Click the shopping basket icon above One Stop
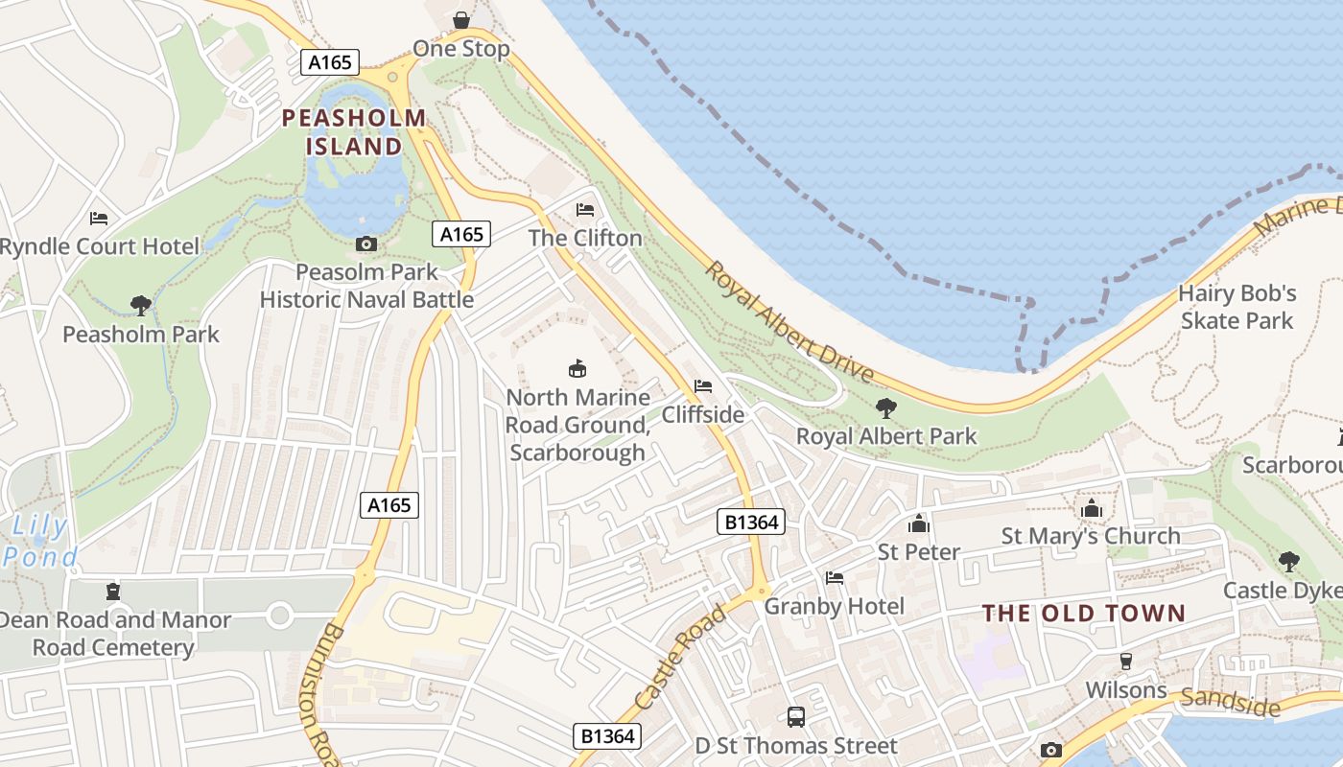click(461, 20)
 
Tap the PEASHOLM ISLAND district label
click(354, 132)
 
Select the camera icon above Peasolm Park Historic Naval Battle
click(365, 244)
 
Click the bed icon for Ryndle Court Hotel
click(99, 219)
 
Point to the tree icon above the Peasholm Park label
click(141, 306)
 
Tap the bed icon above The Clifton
click(584, 210)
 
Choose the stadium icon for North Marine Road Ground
click(577, 368)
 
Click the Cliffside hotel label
click(702, 414)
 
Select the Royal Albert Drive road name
click(789, 321)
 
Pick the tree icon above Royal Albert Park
click(885, 408)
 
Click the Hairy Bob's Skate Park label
click(1237, 307)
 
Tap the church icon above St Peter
click(919, 523)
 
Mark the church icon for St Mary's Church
click(1091, 508)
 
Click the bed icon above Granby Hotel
click(835, 578)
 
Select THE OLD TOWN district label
click(1083, 614)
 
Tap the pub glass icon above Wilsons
click(1126, 662)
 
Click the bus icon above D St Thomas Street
click(795, 716)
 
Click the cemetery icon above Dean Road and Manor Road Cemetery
click(113, 592)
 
